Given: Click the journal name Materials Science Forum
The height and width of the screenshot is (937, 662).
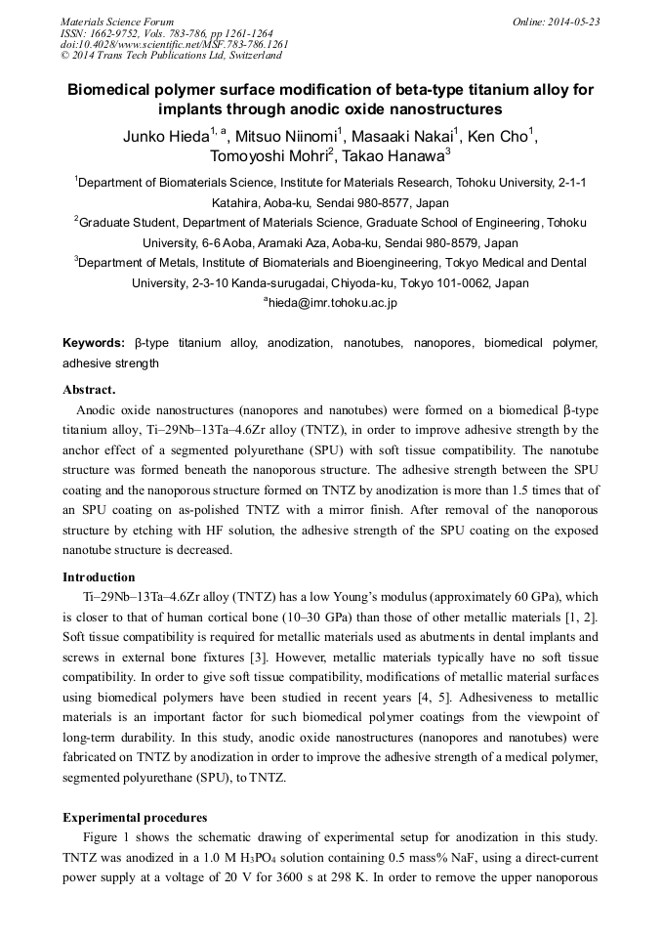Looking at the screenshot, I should [x=117, y=21].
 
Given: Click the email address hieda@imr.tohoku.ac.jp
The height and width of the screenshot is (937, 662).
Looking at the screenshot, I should [x=333, y=304].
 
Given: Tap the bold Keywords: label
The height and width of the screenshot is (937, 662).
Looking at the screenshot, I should [x=94, y=343].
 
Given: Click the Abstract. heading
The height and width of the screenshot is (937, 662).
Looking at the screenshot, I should [x=89, y=390].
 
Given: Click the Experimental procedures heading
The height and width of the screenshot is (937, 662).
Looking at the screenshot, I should [x=135, y=817].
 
